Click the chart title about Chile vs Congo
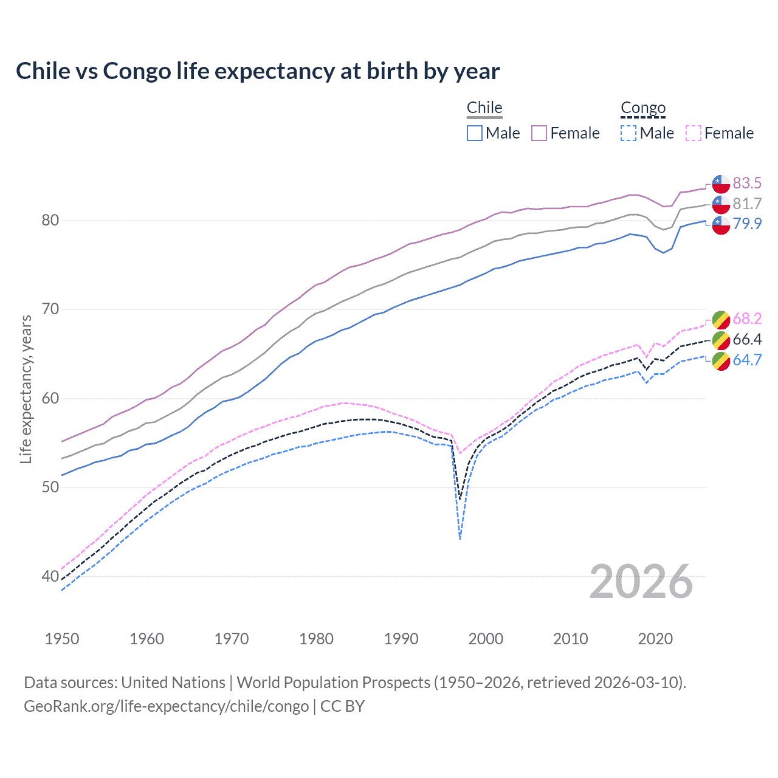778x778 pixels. tap(258, 71)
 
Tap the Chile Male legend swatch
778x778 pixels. tap(475, 133)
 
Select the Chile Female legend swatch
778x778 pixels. tap(539, 133)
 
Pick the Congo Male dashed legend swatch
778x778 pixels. tap(628, 133)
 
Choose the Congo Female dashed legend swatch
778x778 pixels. tap(694, 133)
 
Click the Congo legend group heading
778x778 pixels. tap(643, 108)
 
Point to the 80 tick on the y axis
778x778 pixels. tap(50, 221)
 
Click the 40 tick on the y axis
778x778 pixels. tap(50, 576)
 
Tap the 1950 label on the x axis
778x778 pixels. tap(62, 639)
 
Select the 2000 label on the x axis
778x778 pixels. tap(486, 639)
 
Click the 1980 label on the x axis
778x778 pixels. tap(316, 639)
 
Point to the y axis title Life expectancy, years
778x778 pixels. tap(26, 389)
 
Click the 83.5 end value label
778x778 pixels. tap(747, 183)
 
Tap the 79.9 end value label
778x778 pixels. tap(747, 224)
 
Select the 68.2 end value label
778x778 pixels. tap(747, 318)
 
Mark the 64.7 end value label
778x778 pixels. tap(747, 360)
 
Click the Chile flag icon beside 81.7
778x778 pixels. tap(721, 204)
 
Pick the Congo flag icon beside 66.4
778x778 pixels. tap(721, 340)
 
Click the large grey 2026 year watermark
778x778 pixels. tap(641, 582)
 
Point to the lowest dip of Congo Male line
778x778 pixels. tap(460, 539)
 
